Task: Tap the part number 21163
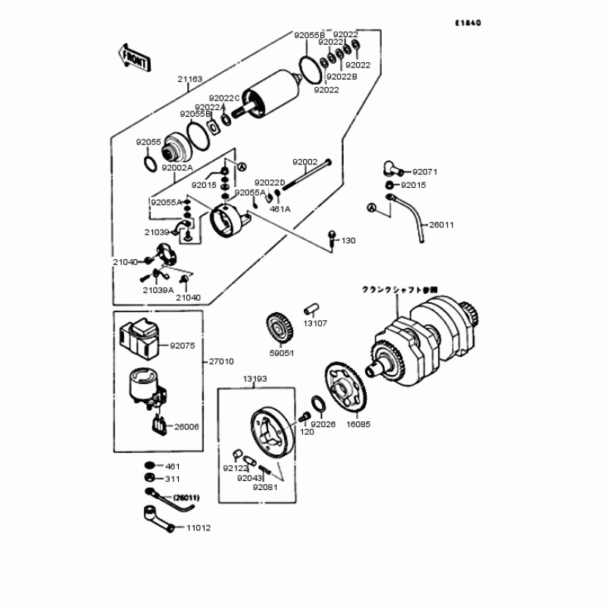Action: coord(190,78)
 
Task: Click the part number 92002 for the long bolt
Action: coord(305,162)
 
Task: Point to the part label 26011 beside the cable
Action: coord(442,225)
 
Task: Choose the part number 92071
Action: coord(426,172)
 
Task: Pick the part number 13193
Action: coord(255,378)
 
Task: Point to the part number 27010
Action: coord(220,361)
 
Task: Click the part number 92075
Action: coord(182,345)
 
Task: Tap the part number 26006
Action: coord(186,426)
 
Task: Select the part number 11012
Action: coord(198,528)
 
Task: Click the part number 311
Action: coord(173,479)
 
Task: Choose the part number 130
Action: coord(348,240)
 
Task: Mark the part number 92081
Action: coord(265,488)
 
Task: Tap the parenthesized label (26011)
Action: coord(186,498)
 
